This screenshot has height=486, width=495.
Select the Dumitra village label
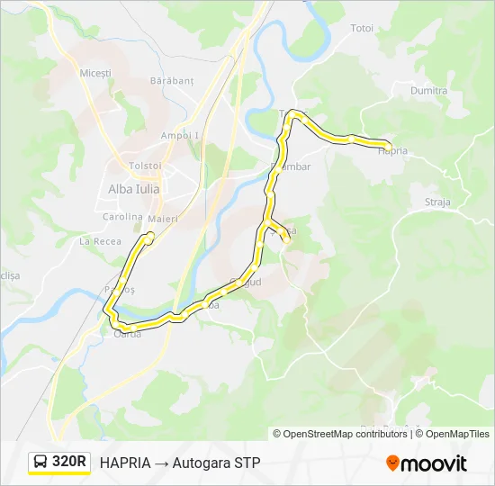(x=428, y=91)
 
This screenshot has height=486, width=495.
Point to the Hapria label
(x=393, y=151)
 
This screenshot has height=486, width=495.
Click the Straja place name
(x=437, y=202)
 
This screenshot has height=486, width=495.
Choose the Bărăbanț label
(x=173, y=81)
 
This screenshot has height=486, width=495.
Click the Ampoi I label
(x=179, y=135)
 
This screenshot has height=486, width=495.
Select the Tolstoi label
(x=145, y=166)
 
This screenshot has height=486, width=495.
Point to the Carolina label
(x=122, y=217)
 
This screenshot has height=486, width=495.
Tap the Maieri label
(x=164, y=220)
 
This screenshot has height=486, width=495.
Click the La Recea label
(x=100, y=241)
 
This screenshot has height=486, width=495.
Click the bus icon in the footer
(x=41, y=463)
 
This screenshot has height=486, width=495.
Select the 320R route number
(x=69, y=463)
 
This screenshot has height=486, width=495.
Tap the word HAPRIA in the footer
(x=125, y=463)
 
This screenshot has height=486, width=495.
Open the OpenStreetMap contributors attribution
(x=346, y=434)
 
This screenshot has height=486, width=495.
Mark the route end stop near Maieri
(x=149, y=237)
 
